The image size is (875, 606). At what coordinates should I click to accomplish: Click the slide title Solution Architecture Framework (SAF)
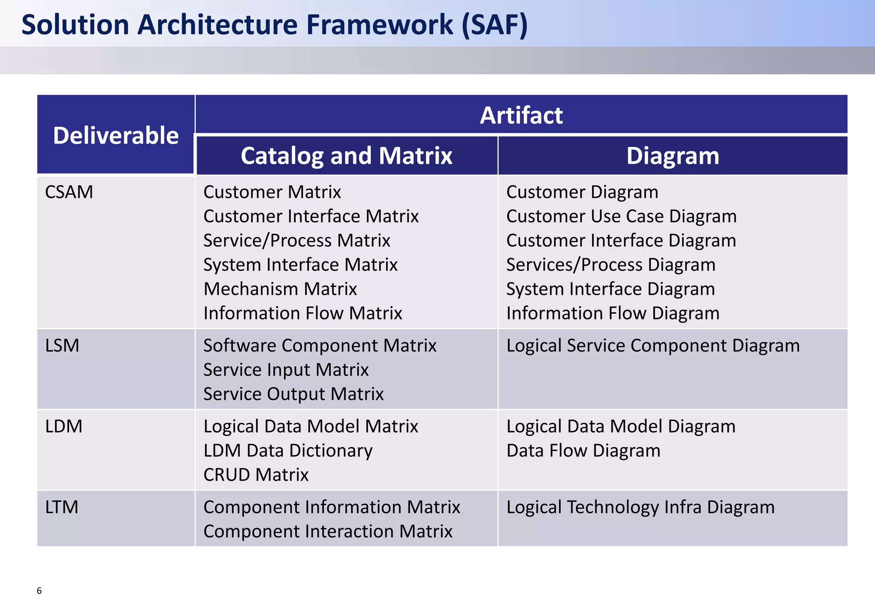pos(274,24)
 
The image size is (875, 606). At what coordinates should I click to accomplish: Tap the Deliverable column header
pos(115,135)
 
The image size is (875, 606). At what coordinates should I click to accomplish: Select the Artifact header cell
pos(521,115)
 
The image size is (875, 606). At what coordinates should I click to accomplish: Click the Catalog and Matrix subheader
pos(346,156)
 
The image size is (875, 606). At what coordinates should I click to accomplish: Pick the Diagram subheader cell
pos(672,156)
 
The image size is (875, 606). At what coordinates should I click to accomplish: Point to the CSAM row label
pos(69,192)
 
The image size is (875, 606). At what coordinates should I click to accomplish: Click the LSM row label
pos(62,345)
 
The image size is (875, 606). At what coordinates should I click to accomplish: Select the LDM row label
pos(64,426)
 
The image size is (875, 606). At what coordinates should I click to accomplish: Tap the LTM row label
pos(62,507)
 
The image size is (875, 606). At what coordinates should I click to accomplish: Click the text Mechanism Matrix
pos(280,289)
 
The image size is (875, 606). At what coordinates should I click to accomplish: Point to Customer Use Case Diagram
pos(621,216)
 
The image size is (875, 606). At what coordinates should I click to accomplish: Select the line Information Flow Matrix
pos(302,313)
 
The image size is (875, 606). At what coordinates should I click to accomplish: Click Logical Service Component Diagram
pos(652,345)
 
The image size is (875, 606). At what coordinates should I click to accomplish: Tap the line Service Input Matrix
pos(285,370)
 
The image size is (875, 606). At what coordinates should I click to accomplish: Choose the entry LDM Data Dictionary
pos(288,450)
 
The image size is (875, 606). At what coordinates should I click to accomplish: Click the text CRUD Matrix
pos(255,475)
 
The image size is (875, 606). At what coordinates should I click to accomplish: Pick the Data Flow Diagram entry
pos(583,450)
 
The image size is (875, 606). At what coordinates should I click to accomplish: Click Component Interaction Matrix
pos(327,531)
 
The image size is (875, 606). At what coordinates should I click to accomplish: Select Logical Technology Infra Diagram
pos(640,507)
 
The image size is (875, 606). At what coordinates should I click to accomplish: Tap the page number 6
pos(39,591)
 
